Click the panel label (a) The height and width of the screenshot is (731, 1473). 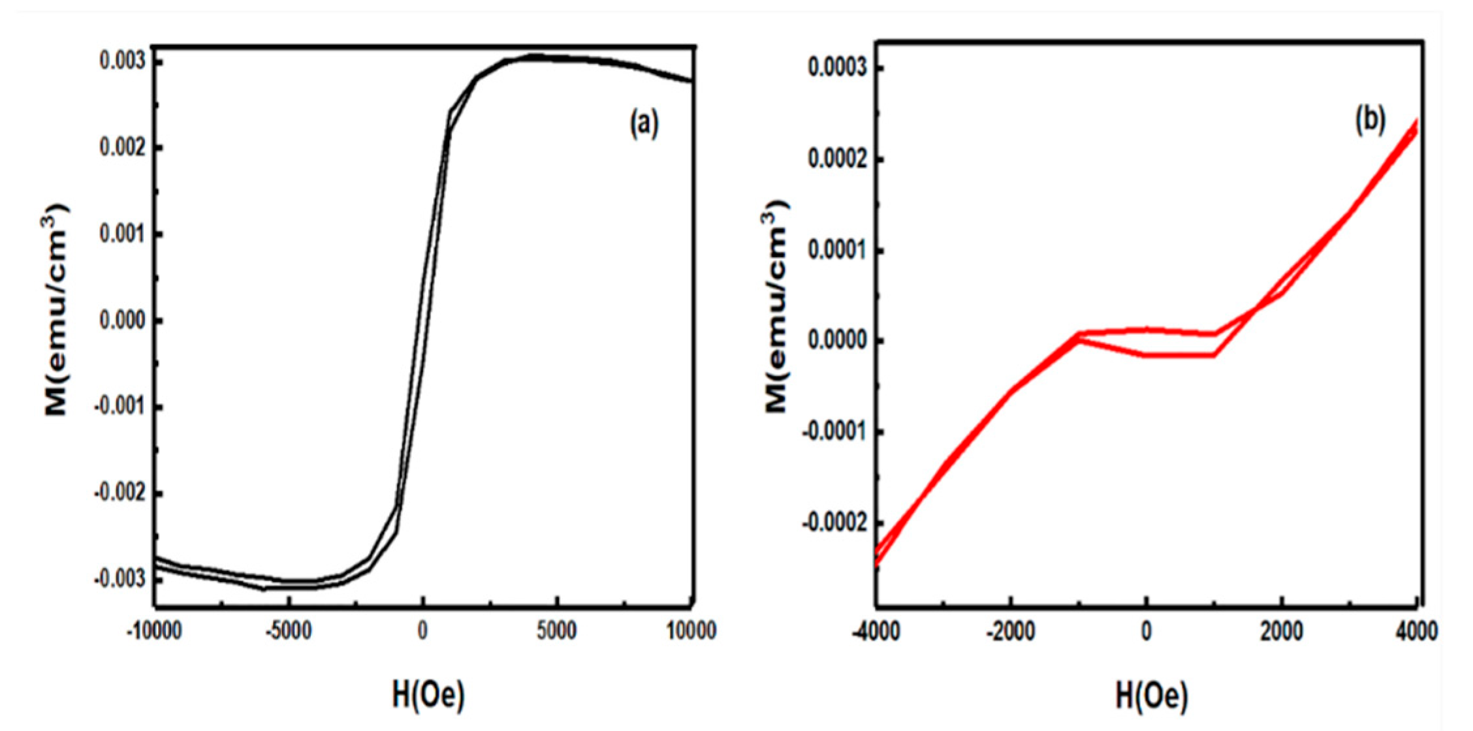click(644, 123)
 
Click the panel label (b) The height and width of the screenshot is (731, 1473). click(1370, 120)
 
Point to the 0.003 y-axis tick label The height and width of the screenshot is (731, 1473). click(121, 61)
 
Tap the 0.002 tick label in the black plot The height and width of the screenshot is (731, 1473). click(121, 148)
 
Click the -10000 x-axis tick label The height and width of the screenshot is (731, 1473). click(154, 631)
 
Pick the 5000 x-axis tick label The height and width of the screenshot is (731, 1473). click(557, 631)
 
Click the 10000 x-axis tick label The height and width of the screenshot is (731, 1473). click(691, 631)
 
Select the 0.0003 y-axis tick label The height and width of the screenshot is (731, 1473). click(839, 68)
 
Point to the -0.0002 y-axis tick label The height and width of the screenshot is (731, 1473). click(836, 523)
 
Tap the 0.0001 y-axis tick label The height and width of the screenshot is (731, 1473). click(839, 251)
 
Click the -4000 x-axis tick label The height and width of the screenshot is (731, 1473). click(876, 631)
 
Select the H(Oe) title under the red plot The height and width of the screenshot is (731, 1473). click(1151, 696)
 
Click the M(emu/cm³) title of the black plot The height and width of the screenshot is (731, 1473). click(55, 309)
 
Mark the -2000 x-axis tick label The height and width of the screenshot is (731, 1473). click(1010, 631)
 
